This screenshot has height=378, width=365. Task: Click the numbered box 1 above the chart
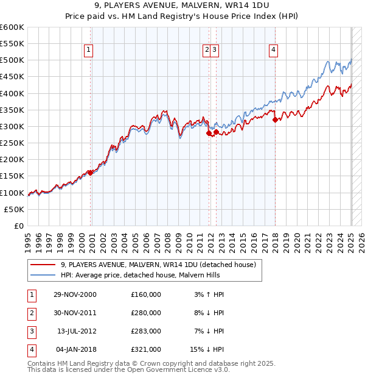tap(89, 50)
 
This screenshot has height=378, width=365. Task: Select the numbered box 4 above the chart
tap(274, 50)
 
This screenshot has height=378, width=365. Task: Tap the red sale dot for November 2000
tap(91, 173)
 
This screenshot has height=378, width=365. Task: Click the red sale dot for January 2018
tap(275, 119)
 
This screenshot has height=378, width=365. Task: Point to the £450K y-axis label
tap(12, 77)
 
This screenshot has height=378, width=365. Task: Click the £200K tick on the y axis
tap(12, 160)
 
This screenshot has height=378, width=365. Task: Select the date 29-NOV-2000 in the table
tap(75, 295)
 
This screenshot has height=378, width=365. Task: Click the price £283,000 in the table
tap(146, 332)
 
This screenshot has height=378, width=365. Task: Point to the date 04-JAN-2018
tap(75, 350)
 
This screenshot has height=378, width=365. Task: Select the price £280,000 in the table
tap(146, 313)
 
